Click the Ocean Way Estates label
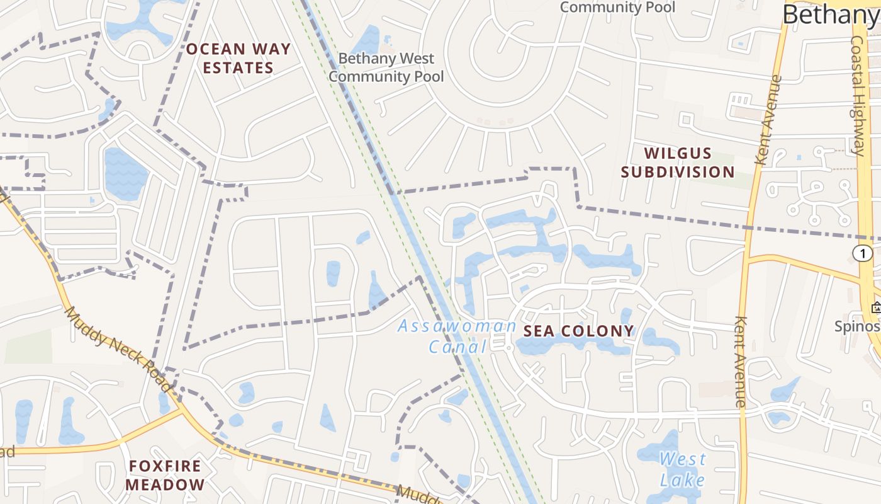click(238, 58)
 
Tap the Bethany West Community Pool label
click(386, 67)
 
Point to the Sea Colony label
click(578, 331)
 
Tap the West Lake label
click(683, 469)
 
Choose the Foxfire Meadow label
click(165, 475)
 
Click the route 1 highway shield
click(863, 253)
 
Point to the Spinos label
click(857, 326)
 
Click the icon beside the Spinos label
click(876, 308)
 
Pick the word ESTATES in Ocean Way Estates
click(238, 68)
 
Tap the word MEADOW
click(165, 484)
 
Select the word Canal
click(457, 346)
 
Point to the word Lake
click(683, 480)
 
